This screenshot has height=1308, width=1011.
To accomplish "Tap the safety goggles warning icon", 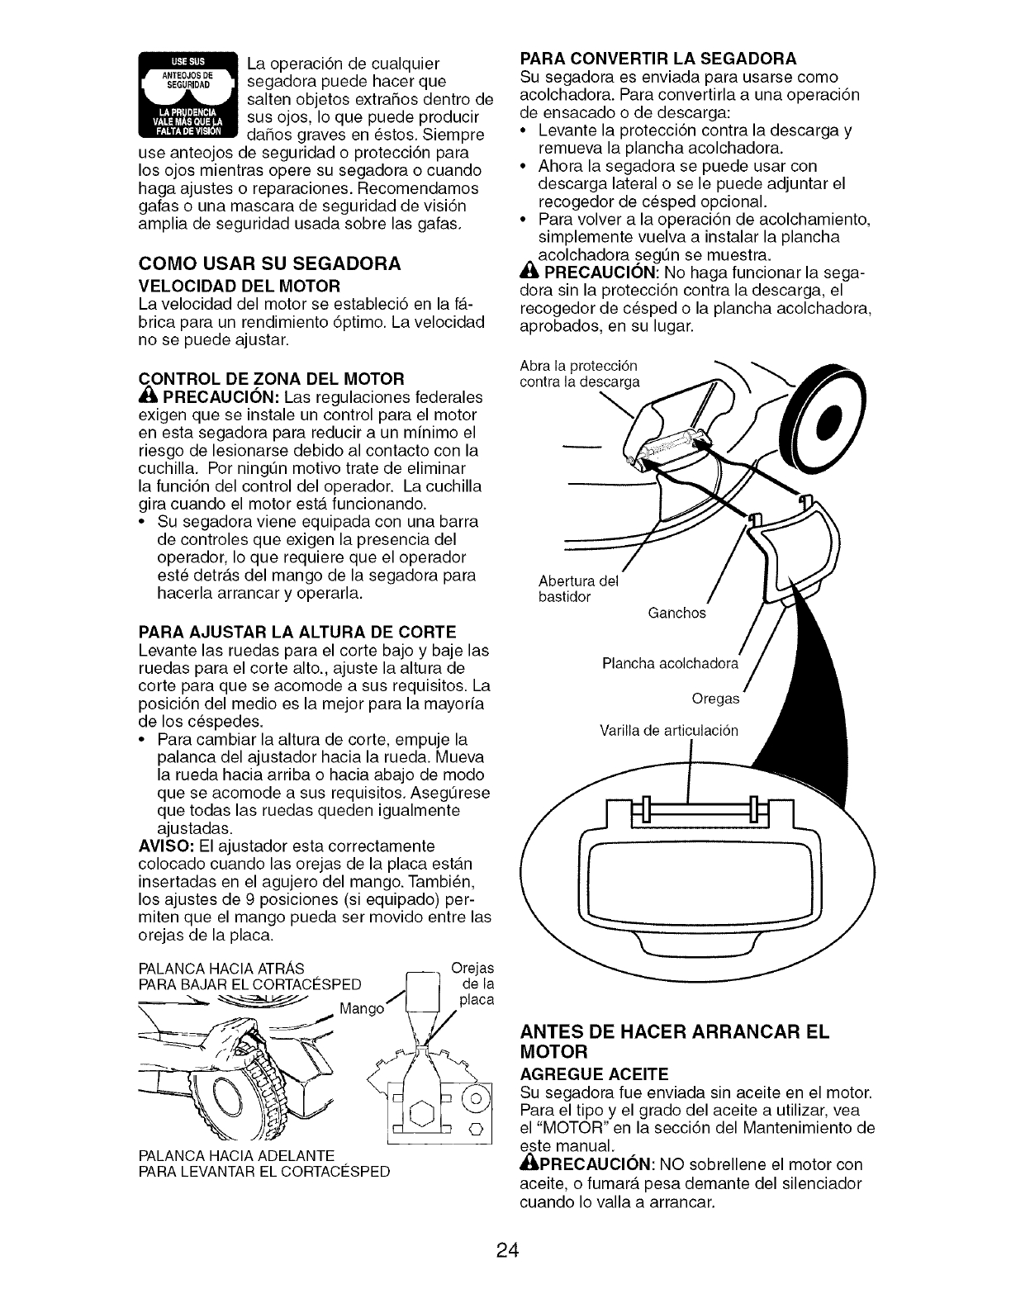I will click(x=186, y=97).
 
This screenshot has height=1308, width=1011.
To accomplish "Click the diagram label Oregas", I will click(x=715, y=699).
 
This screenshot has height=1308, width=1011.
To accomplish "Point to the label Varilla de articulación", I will click(x=669, y=731).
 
